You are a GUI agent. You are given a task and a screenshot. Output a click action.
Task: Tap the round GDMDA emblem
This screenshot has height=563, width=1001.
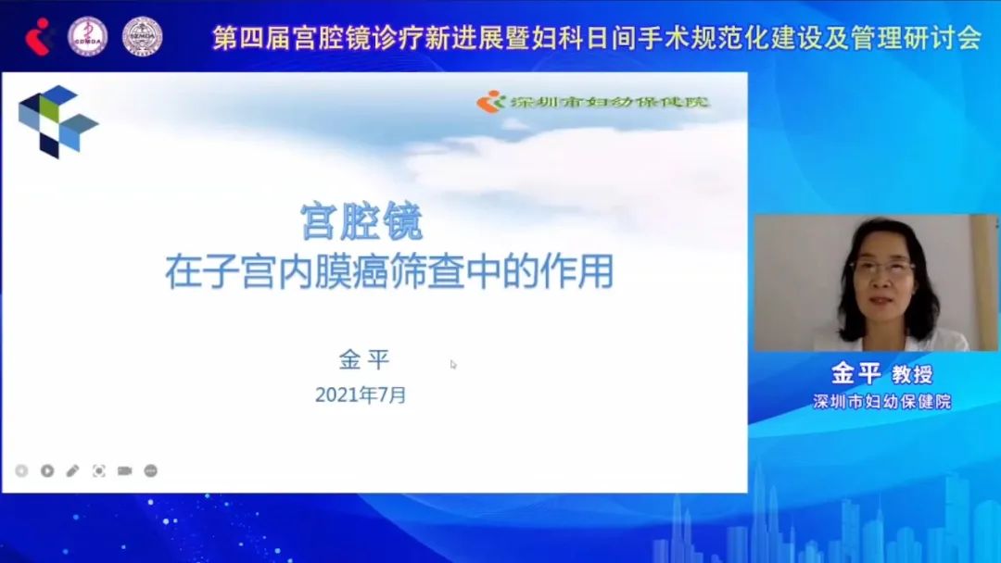[88, 36]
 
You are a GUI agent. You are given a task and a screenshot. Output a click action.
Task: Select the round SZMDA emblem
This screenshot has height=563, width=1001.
[142, 36]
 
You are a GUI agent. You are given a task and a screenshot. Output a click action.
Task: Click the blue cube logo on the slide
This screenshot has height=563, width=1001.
[57, 120]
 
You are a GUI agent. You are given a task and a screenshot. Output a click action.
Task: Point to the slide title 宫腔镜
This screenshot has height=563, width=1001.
[361, 223]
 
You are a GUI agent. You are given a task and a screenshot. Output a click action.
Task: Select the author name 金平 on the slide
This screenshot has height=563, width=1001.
[364, 360]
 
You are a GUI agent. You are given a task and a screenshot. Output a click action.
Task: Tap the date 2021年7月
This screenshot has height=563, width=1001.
[361, 395]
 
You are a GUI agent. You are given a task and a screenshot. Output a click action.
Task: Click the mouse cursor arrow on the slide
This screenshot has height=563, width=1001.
[453, 364]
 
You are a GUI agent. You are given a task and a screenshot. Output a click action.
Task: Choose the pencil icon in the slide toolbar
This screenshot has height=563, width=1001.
[72, 470]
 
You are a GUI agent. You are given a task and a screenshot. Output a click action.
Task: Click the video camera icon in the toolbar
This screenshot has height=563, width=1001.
[124, 470]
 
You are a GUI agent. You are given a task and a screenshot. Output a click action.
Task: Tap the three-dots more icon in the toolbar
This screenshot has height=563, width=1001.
[150, 470]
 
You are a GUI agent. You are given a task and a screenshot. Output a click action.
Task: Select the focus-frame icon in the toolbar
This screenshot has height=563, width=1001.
[98, 470]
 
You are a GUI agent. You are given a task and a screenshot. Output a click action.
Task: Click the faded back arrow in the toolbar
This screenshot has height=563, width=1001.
[21, 470]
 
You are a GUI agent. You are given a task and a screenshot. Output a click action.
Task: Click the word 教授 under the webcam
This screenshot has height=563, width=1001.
[912, 375]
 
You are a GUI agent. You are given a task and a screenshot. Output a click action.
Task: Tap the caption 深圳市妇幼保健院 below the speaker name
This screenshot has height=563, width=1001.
[881, 402]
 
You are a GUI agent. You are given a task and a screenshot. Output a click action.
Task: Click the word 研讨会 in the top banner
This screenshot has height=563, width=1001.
[944, 38]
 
